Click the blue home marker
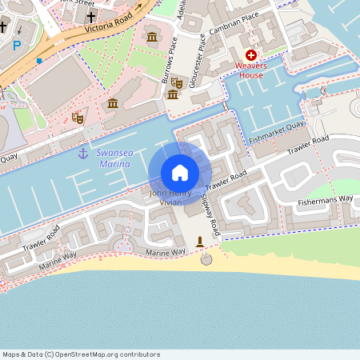pos(180,173)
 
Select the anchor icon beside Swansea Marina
pos(82,154)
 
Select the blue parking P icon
pos(17,45)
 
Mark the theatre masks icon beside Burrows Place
pos(177,82)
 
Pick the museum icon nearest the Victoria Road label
pos(152,38)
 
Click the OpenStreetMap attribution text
pos(81,354)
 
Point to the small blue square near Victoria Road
pos(38,60)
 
